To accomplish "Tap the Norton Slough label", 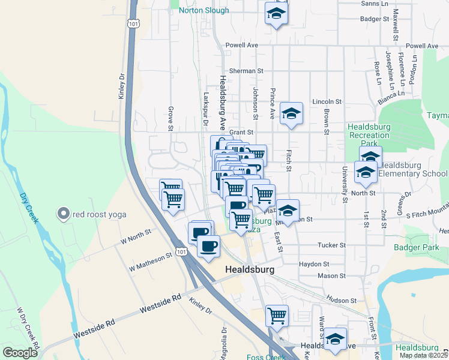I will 203,10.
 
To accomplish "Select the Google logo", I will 19,353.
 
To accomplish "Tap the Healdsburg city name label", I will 249,270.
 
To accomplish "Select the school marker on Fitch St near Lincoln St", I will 291,113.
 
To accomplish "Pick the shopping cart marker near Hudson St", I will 277,316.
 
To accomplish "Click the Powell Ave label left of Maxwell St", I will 241,45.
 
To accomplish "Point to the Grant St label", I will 243,132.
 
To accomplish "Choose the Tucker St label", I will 331,245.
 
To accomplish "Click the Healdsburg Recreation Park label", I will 370,136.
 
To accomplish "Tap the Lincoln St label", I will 327,102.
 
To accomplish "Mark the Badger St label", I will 375,19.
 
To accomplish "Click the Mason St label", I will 331,276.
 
